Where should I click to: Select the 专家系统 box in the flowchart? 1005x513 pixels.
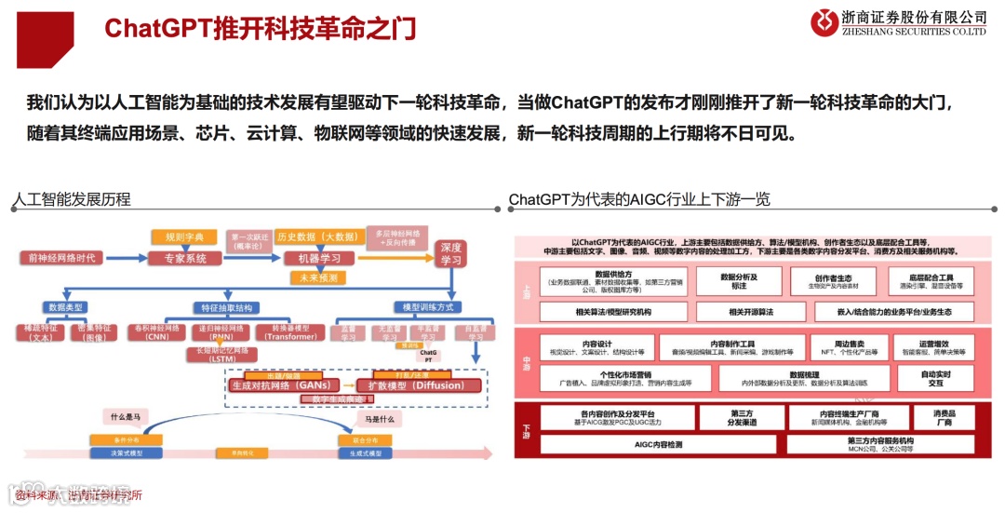click(x=184, y=258)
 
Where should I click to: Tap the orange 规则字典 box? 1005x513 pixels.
click(x=182, y=236)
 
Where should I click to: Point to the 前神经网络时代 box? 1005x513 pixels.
click(x=62, y=258)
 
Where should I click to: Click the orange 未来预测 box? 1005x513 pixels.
click(x=316, y=277)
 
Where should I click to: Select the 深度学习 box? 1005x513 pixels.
click(x=450, y=253)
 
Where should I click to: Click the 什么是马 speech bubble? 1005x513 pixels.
click(x=127, y=416)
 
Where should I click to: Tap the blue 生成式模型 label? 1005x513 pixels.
click(x=360, y=452)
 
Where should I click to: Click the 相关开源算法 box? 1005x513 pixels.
click(x=751, y=312)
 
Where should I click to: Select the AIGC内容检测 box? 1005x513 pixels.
click(x=657, y=444)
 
